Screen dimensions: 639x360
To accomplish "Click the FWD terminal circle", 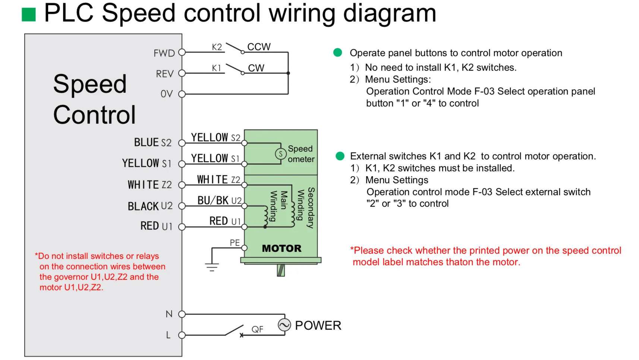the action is point(182,53).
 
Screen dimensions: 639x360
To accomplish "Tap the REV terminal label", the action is point(165,74).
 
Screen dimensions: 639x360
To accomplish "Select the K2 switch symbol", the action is point(234,48).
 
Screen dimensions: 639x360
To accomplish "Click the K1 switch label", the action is point(216,68).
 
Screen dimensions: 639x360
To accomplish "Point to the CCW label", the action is point(259,47).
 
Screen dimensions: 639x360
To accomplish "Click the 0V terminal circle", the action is point(182,94).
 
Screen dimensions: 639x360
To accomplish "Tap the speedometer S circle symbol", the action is point(281,154).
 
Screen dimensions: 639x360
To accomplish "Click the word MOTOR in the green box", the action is point(281,248).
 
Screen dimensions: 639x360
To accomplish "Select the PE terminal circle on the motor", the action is point(244,248).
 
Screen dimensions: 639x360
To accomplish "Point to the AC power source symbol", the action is point(284,325).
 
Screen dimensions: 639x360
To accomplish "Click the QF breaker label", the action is point(257,329).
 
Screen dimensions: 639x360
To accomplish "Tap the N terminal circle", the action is point(182,314).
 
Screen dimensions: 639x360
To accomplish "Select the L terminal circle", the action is point(182,335).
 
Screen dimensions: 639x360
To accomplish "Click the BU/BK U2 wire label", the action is point(219,200).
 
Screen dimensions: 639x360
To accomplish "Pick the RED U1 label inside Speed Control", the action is point(156,226).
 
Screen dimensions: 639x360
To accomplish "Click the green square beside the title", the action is point(29,14).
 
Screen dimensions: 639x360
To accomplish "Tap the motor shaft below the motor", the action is point(281,270).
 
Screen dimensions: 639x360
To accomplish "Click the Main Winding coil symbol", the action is point(266,215).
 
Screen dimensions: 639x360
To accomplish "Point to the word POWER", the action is point(318,325).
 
